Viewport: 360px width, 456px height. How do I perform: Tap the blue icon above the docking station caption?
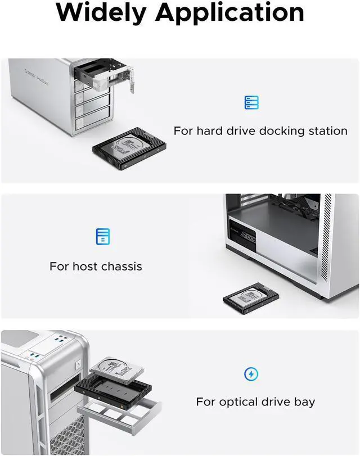(251, 102)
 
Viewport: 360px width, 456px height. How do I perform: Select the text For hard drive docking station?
(260, 131)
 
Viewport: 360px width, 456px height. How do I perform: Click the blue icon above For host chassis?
(102, 237)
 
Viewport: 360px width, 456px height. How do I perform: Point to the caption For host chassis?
(96, 266)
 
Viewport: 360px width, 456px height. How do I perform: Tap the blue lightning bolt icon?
(251, 373)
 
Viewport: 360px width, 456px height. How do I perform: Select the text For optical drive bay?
(255, 402)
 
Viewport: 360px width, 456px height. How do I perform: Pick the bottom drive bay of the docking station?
(93, 120)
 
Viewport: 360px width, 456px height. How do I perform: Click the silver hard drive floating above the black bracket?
(115, 371)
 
